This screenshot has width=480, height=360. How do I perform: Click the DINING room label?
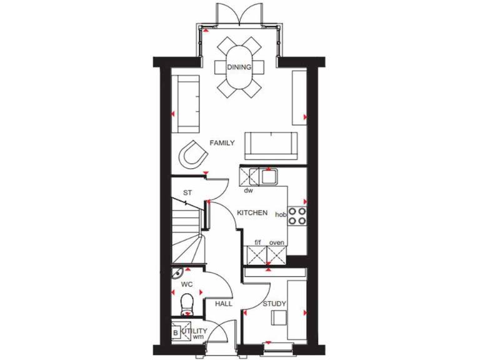pyautogui.click(x=239, y=67)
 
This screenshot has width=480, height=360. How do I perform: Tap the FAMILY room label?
pyautogui.click(x=222, y=143)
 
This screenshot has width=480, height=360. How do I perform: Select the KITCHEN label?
pyautogui.click(x=252, y=213)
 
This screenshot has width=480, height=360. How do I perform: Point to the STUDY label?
pyautogui.click(x=274, y=304)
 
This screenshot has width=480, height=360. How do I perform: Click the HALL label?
pyautogui.click(x=224, y=304)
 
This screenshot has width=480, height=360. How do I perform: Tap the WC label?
pyautogui.click(x=186, y=284)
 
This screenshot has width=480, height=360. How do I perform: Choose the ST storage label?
pyautogui.click(x=187, y=192)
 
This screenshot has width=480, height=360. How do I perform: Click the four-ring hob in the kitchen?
pyautogui.click(x=297, y=216)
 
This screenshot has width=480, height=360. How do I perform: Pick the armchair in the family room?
pyautogui.click(x=193, y=154)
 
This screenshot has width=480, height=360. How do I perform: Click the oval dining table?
pyautogui.click(x=239, y=67)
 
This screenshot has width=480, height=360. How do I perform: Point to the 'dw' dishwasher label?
pyautogui.click(x=248, y=190)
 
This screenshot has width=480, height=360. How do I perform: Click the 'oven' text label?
pyautogui.click(x=276, y=242)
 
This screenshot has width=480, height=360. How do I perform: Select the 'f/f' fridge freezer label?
pyautogui.click(x=257, y=242)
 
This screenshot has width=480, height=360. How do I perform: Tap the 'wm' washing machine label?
pyautogui.click(x=198, y=337)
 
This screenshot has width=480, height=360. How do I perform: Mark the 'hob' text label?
pyautogui.click(x=280, y=214)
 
